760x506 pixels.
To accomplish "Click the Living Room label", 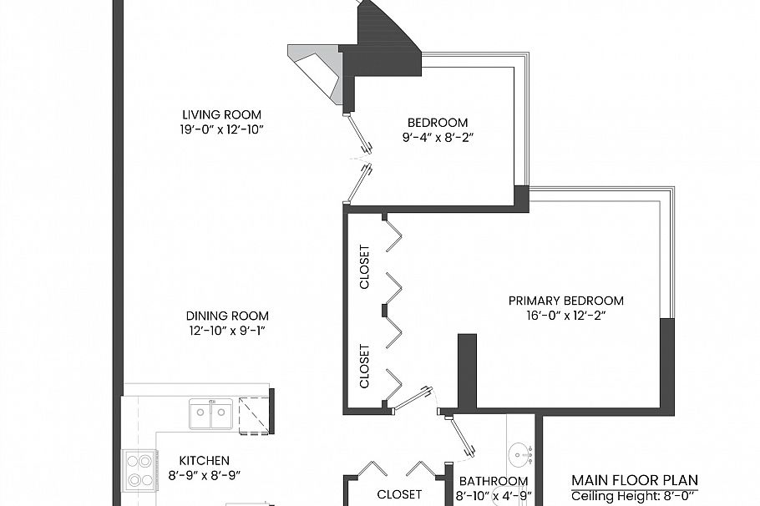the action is pyautogui.click(x=221, y=115).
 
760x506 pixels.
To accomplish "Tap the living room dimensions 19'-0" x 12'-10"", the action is pyautogui.click(x=220, y=129).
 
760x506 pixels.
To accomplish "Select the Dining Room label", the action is pyautogui.click(x=227, y=316).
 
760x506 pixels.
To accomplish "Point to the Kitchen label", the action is pyautogui.click(x=205, y=460).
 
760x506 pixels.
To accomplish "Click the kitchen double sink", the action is pyautogui.click(x=210, y=413).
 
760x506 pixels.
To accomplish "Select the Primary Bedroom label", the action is pyautogui.click(x=566, y=301).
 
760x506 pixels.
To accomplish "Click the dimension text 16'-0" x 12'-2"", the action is pyautogui.click(x=566, y=316).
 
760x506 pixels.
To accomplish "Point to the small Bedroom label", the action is pyautogui.click(x=438, y=123).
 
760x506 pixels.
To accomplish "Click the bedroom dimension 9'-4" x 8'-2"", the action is pyautogui.click(x=438, y=137).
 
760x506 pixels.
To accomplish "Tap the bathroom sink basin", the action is pyautogui.click(x=521, y=455).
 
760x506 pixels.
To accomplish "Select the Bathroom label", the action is pyautogui.click(x=494, y=481).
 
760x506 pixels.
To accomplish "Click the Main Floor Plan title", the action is pyautogui.click(x=635, y=480).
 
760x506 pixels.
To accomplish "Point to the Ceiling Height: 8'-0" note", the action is pyautogui.click(x=633, y=496).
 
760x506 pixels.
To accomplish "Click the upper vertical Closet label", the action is pyautogui.click(x=364, y=267).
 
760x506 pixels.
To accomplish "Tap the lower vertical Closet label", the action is pyautogui.click(x=364, y=366).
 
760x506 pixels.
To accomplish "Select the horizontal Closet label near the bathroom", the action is pyautogui.click(x=399, y=494).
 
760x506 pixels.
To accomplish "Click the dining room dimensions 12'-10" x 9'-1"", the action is pyautogui.click(x=227, y=331).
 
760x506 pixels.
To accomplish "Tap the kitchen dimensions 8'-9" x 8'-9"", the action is pyautogui.click(x=205, y=475).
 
